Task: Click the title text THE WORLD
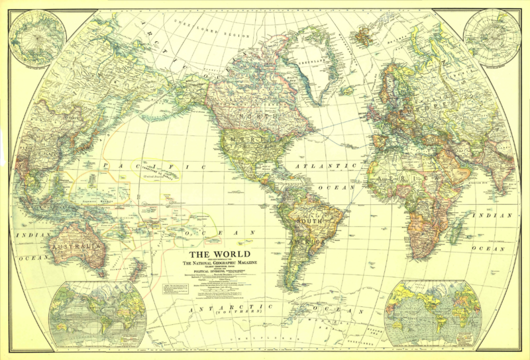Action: tap(220, 255)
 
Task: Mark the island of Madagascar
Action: tap(454, 231)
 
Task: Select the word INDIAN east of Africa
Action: tap(492, 215)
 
